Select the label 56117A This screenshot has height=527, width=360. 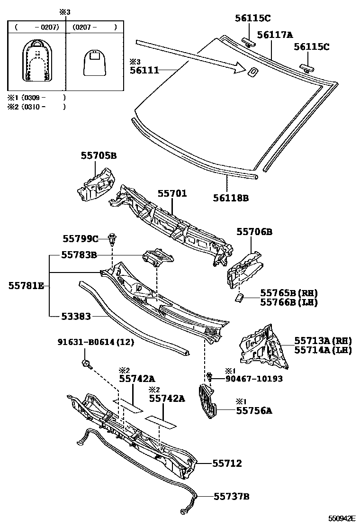click(x=275, y=35)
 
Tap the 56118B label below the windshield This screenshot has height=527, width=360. click(x=232, y=198)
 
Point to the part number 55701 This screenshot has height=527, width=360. click(x=172, y=194)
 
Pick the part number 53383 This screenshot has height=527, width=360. click(x=76, y=315)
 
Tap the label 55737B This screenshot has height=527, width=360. click(x=231, y=496)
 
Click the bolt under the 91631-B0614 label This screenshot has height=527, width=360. click(x=86, y=363)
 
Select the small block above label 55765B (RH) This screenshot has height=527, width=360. click(x=239, y=297)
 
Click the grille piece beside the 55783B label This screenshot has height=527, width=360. click(x=158, y=257)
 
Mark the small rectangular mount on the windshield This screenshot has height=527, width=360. click(x=253, y=72)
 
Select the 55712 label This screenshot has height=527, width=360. click(x=226, y=463)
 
